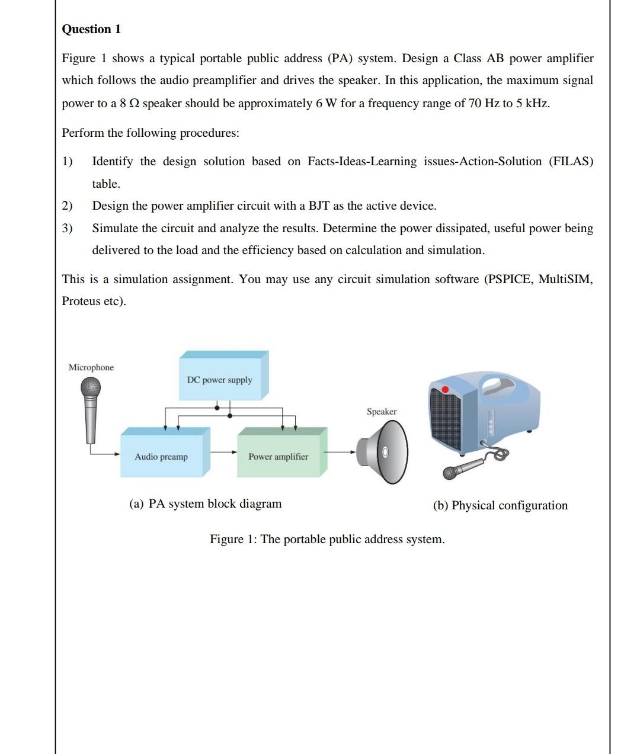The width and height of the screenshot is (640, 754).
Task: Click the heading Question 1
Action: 91,29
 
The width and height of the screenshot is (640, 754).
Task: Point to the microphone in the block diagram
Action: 91,409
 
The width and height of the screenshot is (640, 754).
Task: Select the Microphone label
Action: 91,367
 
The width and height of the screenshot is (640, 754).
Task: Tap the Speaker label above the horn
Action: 382,411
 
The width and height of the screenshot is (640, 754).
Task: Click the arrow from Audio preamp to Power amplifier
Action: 223,453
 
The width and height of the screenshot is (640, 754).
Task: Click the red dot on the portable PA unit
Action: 445,389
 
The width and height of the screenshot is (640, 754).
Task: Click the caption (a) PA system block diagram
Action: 206,503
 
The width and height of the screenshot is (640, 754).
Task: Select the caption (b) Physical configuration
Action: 500,505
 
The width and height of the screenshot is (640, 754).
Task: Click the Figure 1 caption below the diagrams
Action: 327,539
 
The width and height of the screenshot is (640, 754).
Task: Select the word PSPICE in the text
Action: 508,279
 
